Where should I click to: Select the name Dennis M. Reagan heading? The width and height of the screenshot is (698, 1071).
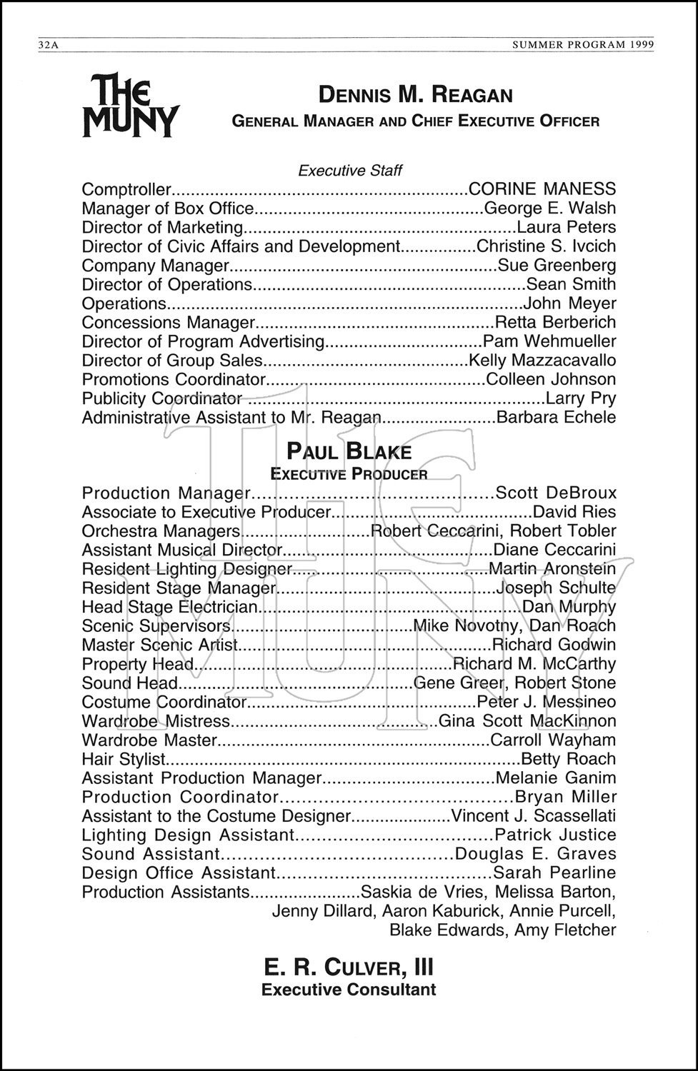(415, 95)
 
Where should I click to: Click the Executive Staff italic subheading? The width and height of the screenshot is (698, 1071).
(349, 171)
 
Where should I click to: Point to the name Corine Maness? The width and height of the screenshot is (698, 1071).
(542, 189)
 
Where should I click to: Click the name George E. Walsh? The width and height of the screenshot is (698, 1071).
(549, 208)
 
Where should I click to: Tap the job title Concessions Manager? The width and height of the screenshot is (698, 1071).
(169, 323)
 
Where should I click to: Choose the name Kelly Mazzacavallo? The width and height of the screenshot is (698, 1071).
(542, 361)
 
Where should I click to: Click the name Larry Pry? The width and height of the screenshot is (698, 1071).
(580, 398)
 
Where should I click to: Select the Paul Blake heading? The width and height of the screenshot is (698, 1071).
(349, 452)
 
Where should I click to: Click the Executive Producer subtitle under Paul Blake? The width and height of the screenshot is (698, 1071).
(349, 474)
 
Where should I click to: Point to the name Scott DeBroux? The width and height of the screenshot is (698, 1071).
(555, 493)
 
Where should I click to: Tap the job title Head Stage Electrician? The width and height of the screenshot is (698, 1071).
(169, 607)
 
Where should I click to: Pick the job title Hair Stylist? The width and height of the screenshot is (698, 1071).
(124, 759)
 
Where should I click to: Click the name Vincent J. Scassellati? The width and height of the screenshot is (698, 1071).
(534, 816)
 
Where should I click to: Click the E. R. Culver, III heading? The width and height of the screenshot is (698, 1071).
(349, 967)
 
